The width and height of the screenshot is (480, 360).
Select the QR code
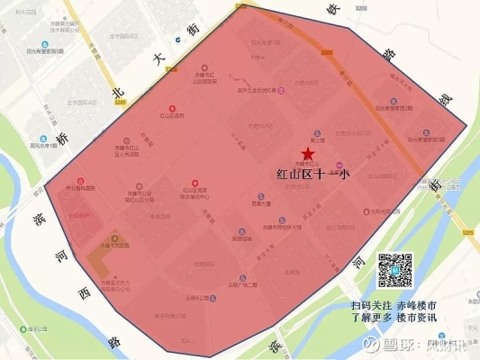[x=394, y=269]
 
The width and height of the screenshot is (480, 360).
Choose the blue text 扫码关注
[x=369, y=306]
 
